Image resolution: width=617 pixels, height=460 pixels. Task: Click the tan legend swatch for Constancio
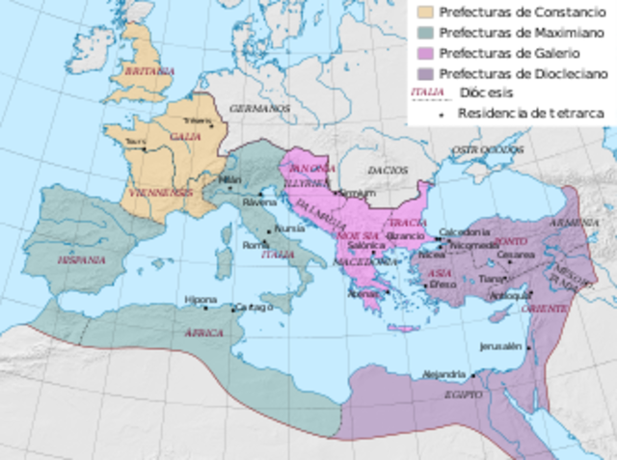pyautogui.click(x=423, y=13)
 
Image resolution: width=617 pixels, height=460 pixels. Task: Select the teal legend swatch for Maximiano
pyautogui.click(x=423, y=33)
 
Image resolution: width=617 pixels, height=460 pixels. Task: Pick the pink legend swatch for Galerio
pyautogui.click(x=423, y=53)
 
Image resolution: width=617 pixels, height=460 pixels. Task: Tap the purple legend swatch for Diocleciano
pyautogui.click(x=423, y=73)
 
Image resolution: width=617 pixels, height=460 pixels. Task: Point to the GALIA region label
pyautogui.click(x=185, y=137)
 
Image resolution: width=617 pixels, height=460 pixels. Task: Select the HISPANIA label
pyautogui.click(x=82, y=260)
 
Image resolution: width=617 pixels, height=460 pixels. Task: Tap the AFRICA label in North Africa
pyautogui.click(x=203, y=333)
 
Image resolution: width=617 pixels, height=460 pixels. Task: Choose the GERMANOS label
pyautogui.click(x=260, y=108)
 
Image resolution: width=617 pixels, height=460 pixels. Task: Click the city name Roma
pyautogui.click(x=255, y=246)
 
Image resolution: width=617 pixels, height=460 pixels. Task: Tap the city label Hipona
pyautogui.click(x=201, y=299)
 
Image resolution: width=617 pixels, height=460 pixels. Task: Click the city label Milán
pyautogui.click(x=230, y=179)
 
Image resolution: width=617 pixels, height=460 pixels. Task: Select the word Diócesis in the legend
pyautogui.click(x=486, y=93)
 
